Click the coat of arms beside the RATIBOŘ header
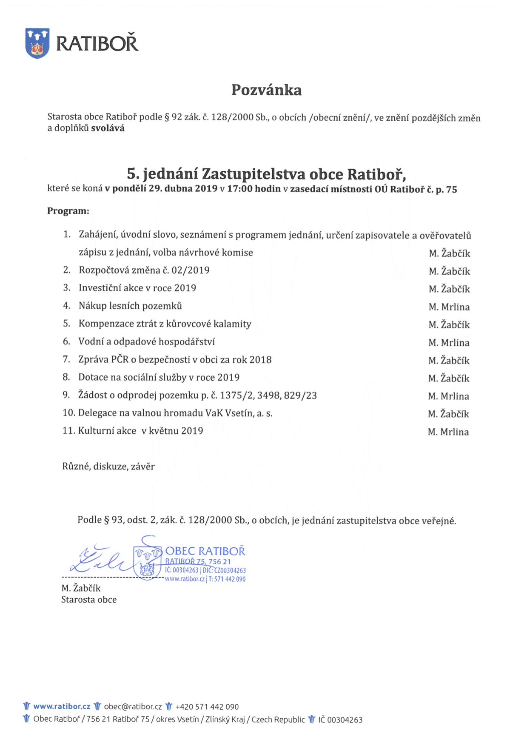pyautogui.click(x=37, y=43)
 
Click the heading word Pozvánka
pyautogui.click(x=266, y=90)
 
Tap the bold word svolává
pyautogui.click(x=108, y=128)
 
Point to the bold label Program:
pyautogui.click(x=68, y=211)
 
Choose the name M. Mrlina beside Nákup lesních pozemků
pyautogui.click(x=449, y=307)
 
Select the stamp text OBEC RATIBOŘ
pyautogui.click(x=205, y=551)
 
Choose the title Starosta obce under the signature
pyautogui.click(x=89, y=600)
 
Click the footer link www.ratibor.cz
pyautogui.click(x=62, y=706)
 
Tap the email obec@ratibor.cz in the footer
pyautogui.click(x=133, y=707)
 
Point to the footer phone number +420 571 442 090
pyautogui.click(x=207, y=707)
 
